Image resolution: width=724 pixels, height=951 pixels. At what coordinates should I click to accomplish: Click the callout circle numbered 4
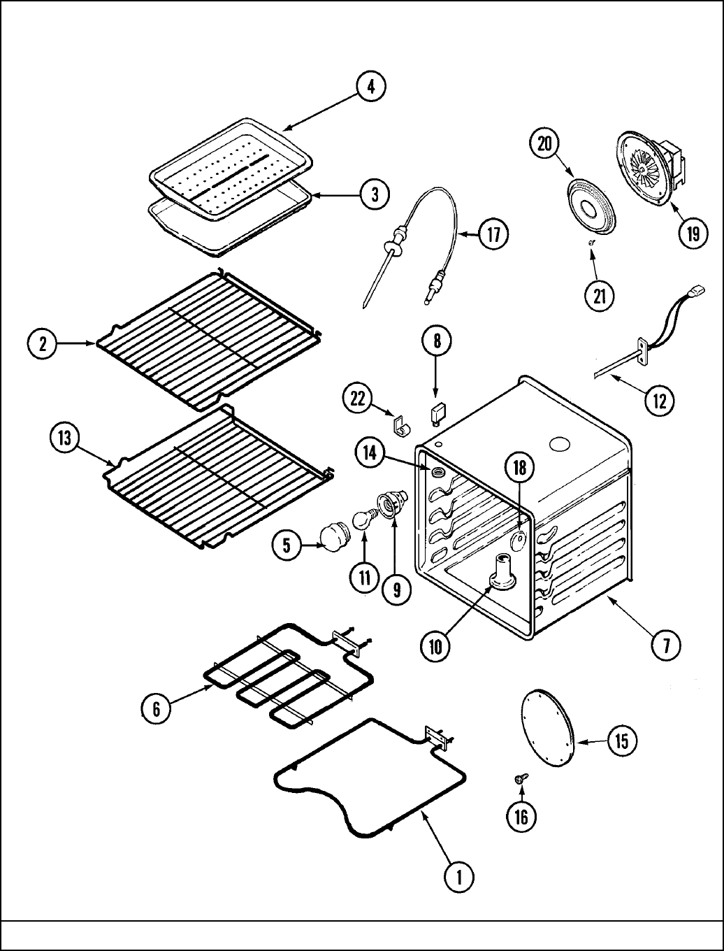(371, 87)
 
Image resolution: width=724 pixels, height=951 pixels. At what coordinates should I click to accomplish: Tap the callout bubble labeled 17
(493, 234)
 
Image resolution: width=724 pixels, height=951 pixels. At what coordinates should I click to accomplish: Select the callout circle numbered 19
(693, 233)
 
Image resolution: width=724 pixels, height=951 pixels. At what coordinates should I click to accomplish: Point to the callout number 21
(599, 296)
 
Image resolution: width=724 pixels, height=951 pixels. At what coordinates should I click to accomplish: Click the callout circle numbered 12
(659, 401)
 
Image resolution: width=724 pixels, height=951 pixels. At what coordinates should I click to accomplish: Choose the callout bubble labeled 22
(357, 399)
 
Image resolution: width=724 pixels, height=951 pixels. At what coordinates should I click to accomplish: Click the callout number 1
(458, 877)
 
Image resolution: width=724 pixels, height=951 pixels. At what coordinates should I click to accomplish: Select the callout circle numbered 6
(157, 709)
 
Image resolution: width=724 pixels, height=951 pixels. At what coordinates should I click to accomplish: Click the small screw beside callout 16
(520, 778)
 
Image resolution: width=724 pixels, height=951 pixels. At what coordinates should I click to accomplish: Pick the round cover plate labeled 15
(548, 729)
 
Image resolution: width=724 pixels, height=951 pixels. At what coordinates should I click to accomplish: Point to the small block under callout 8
(437, 413)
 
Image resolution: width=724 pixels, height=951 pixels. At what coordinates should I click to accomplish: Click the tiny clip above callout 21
(591, 242)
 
